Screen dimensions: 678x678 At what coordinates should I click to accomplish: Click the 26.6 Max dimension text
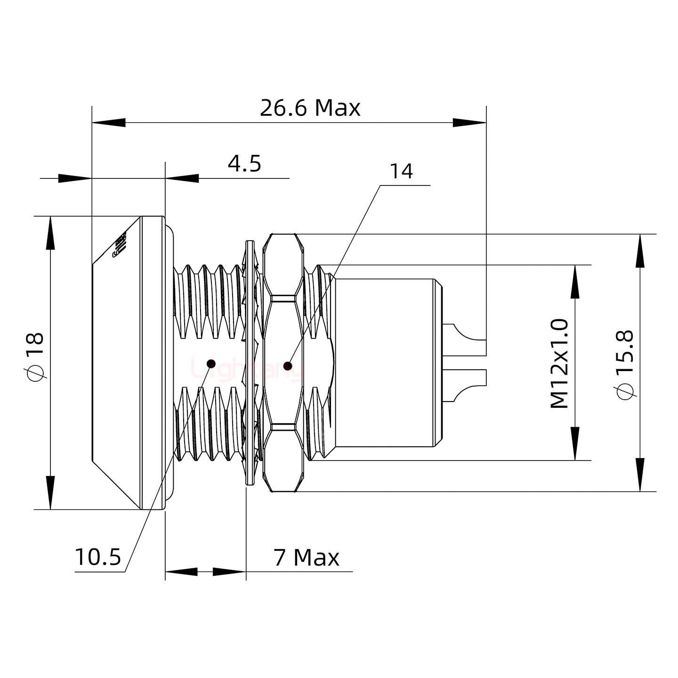tap(310, 108)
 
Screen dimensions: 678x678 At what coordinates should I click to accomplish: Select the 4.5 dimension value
tap(244, 164)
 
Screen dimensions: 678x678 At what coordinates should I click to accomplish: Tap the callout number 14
tap(401, 171)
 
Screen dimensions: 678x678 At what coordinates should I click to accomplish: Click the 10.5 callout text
tap(98, 557)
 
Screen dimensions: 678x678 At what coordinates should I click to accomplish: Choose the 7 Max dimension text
tap(306, 558)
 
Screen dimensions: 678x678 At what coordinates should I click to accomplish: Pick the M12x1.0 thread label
tap(560, 363)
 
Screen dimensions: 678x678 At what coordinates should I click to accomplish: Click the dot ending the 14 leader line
tap(288, 365)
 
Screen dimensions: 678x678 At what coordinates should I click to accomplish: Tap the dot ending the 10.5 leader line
tap(211, 363)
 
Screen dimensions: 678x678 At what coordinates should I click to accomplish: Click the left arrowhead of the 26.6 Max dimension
tap(108, 123)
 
